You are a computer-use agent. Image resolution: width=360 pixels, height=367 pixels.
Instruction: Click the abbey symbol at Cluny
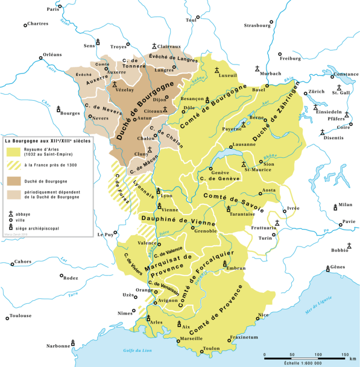[149, 149]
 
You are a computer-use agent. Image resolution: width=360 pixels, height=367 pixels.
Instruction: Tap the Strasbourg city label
[256, 25]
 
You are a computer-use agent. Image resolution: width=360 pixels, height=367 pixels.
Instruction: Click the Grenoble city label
[205, 231]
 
